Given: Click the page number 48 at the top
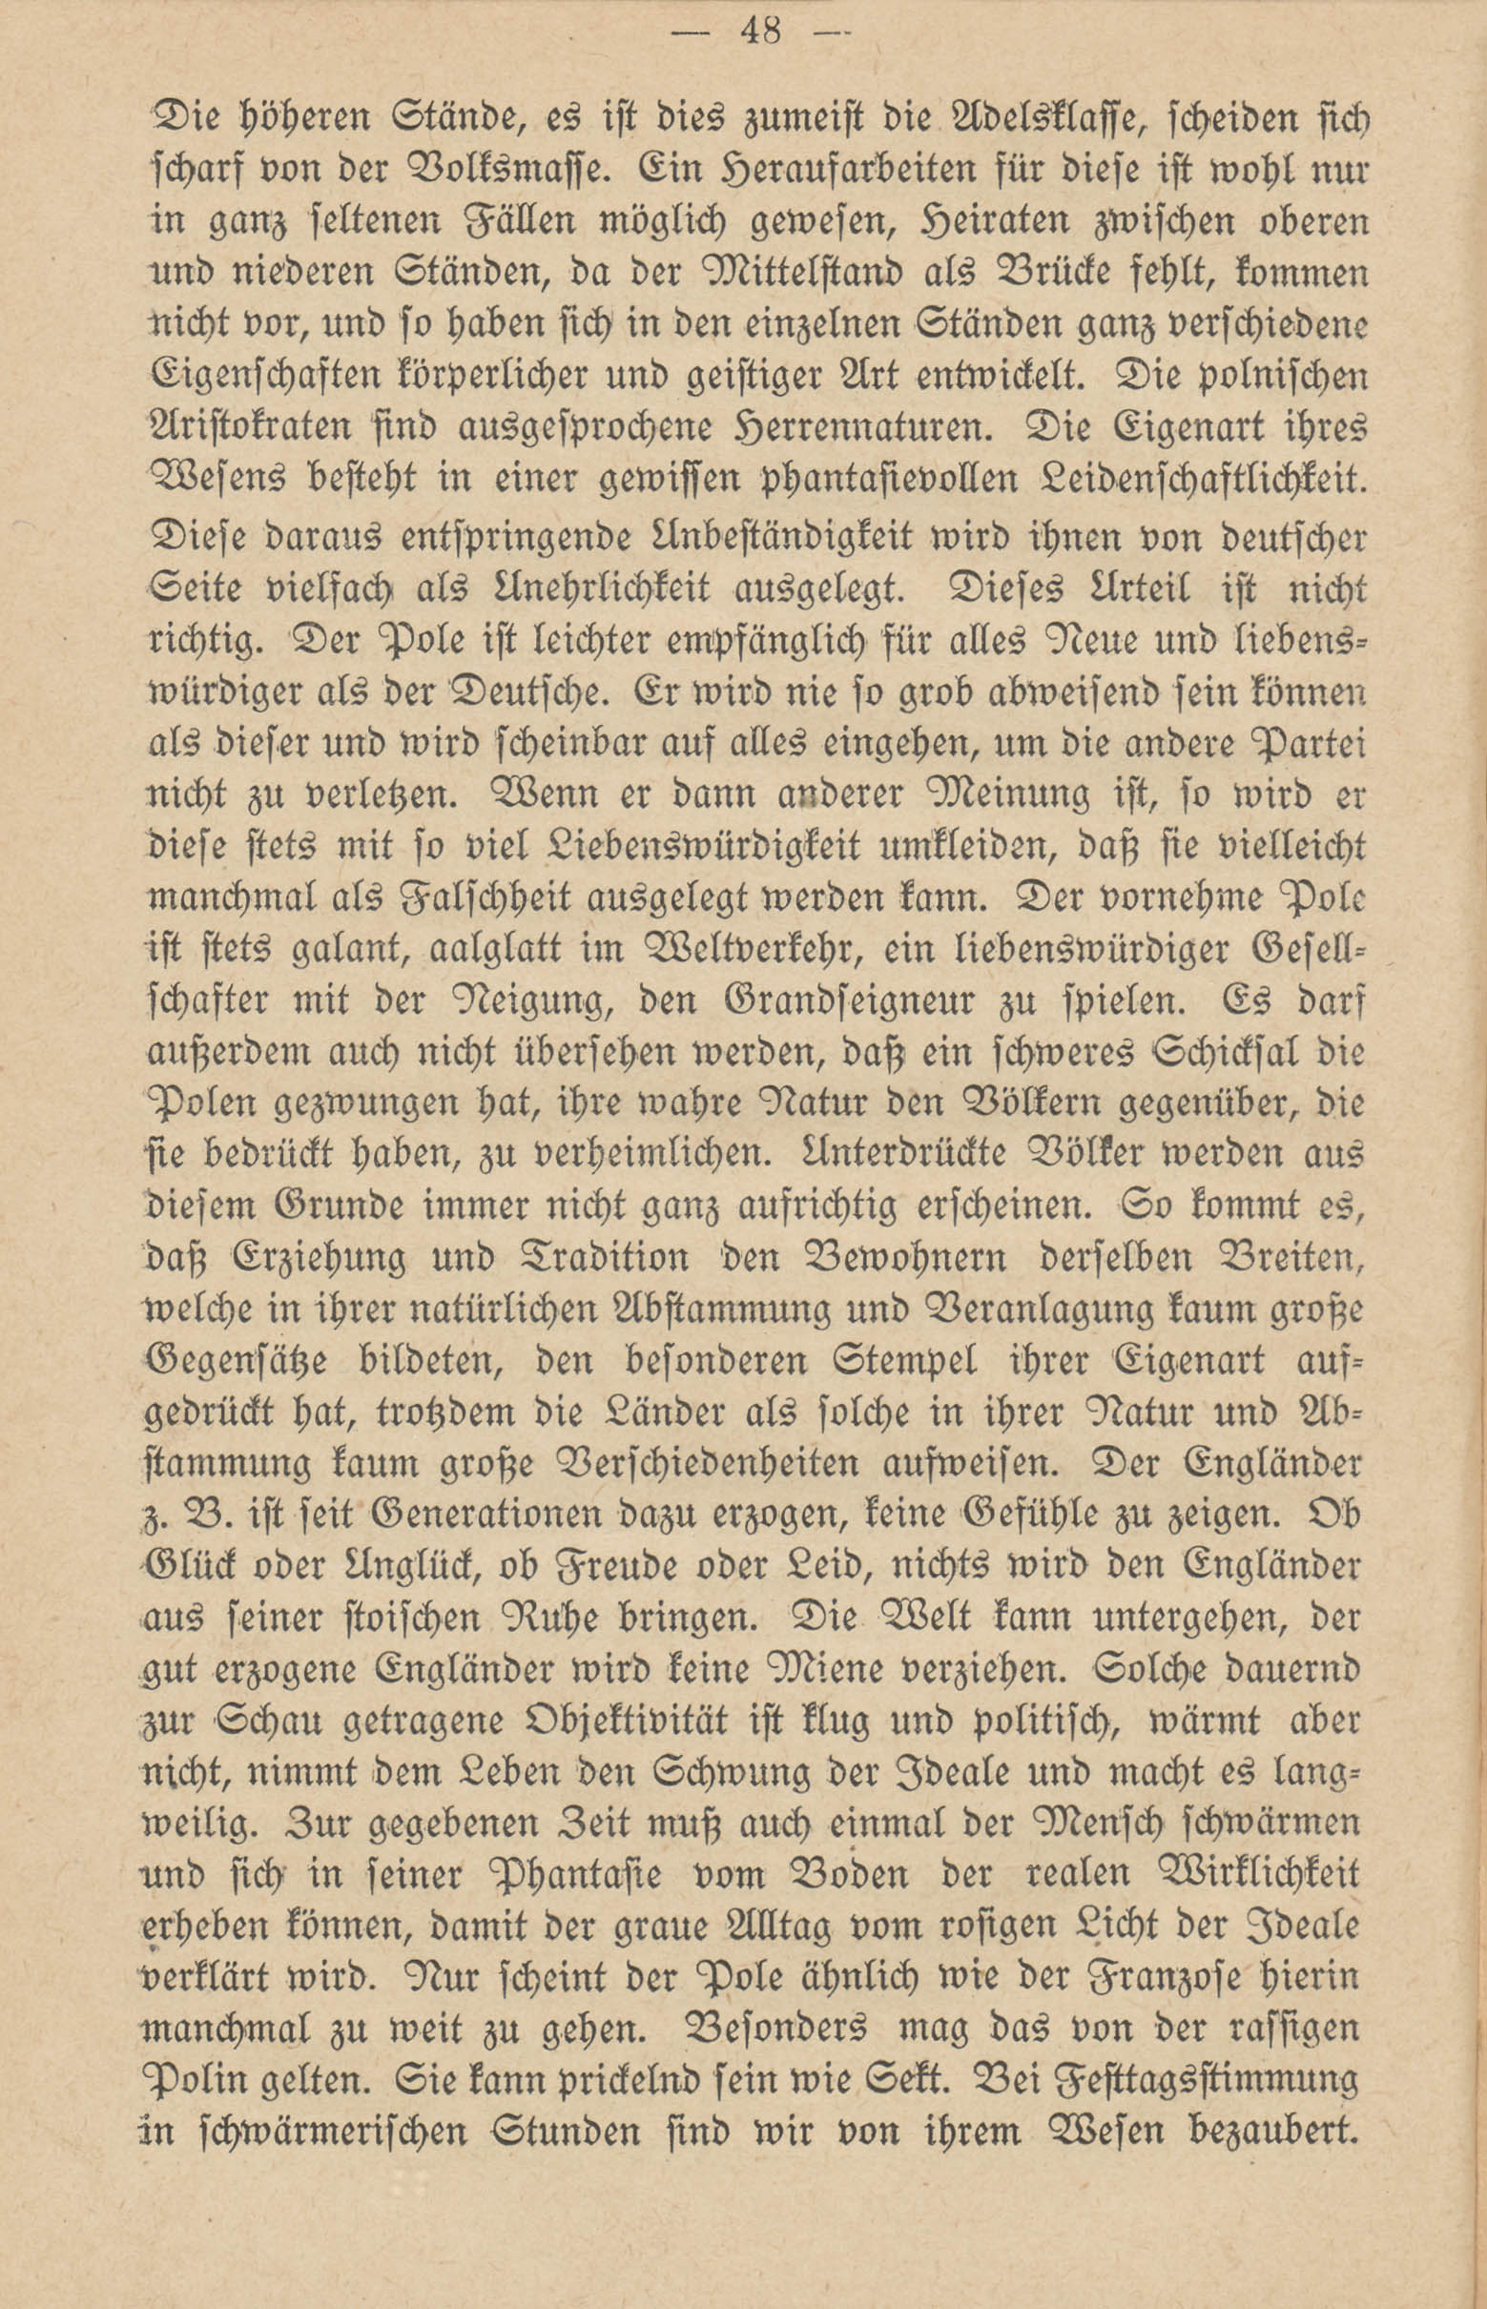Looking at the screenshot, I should tap(761, 32).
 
